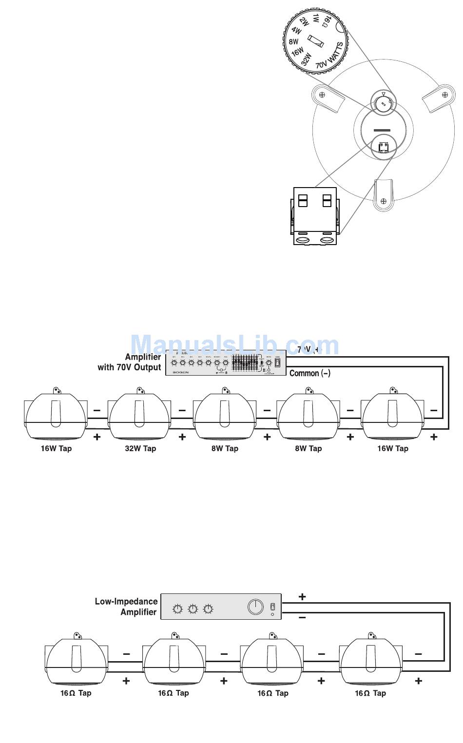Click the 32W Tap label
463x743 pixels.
(x=140, y=449)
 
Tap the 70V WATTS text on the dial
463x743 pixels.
(x=329, y=56)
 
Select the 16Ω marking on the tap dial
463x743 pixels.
(x=328, y=20)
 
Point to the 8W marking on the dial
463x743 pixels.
(x=293, y=42)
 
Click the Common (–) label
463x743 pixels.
(x=310, y=373)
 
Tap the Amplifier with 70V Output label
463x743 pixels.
(x=130, y=362)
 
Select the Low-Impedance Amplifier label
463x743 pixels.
(x=126, y=607)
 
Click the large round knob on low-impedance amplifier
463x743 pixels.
(x=255, y=607)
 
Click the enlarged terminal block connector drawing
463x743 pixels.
(x=315, y=215)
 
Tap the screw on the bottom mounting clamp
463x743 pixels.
(x=384, y=200)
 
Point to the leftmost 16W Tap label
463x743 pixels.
(x=56, y=449)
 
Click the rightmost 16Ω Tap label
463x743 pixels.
(x=370, y=693)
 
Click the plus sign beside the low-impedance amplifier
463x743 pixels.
(x=302, y=596)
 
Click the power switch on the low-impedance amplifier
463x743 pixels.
(x=273, y=607)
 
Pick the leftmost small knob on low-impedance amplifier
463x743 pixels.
(x=178, y=609)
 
